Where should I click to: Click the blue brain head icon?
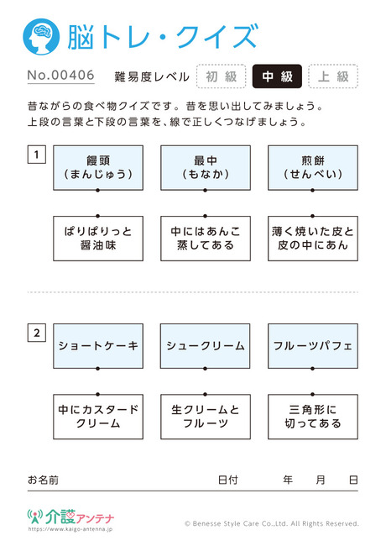tap(41, 37)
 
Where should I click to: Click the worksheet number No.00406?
tap(61, 76)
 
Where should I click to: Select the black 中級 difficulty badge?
tap(277, 76)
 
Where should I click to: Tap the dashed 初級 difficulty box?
tap(222, 76)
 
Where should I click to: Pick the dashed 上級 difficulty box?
tap(333, 76)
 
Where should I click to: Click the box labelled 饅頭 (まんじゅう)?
tap(98, 168)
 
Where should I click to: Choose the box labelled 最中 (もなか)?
tap(206, 168)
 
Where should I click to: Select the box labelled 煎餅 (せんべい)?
tap(313, 168)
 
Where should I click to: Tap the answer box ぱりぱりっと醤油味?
tap(98, 239)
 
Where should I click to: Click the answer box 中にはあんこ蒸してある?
tap(206, 239)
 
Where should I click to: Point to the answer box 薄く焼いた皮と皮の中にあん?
tap(313, 239)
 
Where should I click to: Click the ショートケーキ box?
tap(98, 346)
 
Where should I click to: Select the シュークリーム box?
tap(206, 346)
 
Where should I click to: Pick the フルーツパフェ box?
tap(313, 346)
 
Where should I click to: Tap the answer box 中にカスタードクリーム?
tap(98, 417)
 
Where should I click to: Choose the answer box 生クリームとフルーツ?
tap(206, 417)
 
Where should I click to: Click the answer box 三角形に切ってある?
tap(313, 417)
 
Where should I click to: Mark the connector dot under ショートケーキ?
tap(97, 369)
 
